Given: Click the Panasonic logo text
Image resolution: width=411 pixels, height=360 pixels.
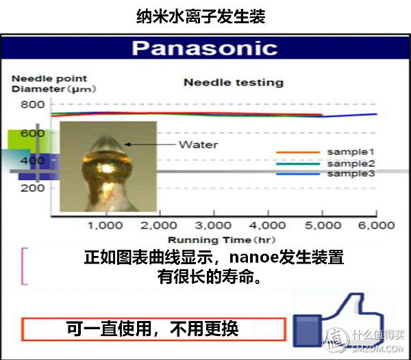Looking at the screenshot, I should click(x=205, y=48).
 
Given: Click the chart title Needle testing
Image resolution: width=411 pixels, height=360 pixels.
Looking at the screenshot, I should click(x=233, y=83).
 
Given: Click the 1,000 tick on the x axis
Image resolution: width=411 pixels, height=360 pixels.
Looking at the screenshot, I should click(x=105, y=225).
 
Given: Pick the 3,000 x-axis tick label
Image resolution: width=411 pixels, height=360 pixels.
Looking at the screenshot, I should click(x=213, y=225).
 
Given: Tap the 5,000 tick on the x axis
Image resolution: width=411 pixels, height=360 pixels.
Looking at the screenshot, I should click(x=322, y=225).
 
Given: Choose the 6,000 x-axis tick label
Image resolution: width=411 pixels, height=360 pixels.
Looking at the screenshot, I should click(x=376, y=225).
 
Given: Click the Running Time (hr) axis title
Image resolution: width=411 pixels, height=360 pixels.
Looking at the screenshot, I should click(x=212, y=240).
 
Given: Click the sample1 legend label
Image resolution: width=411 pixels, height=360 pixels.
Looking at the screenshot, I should click(x=351, y=152).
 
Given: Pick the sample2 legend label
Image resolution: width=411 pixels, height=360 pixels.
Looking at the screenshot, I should click(x=351, y=164).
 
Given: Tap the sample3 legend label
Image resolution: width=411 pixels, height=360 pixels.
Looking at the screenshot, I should click(x=351, y=174).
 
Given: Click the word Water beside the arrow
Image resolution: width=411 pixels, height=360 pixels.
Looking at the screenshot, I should click(x=198, y=144).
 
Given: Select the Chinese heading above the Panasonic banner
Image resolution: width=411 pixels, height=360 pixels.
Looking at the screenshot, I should click(x=201, y=16).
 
